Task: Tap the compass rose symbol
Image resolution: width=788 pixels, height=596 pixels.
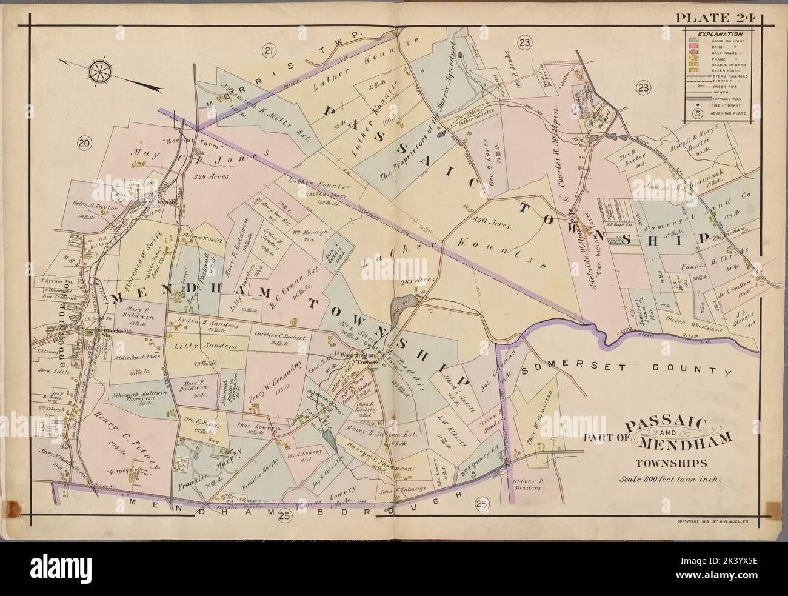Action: tap(99, 71)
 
